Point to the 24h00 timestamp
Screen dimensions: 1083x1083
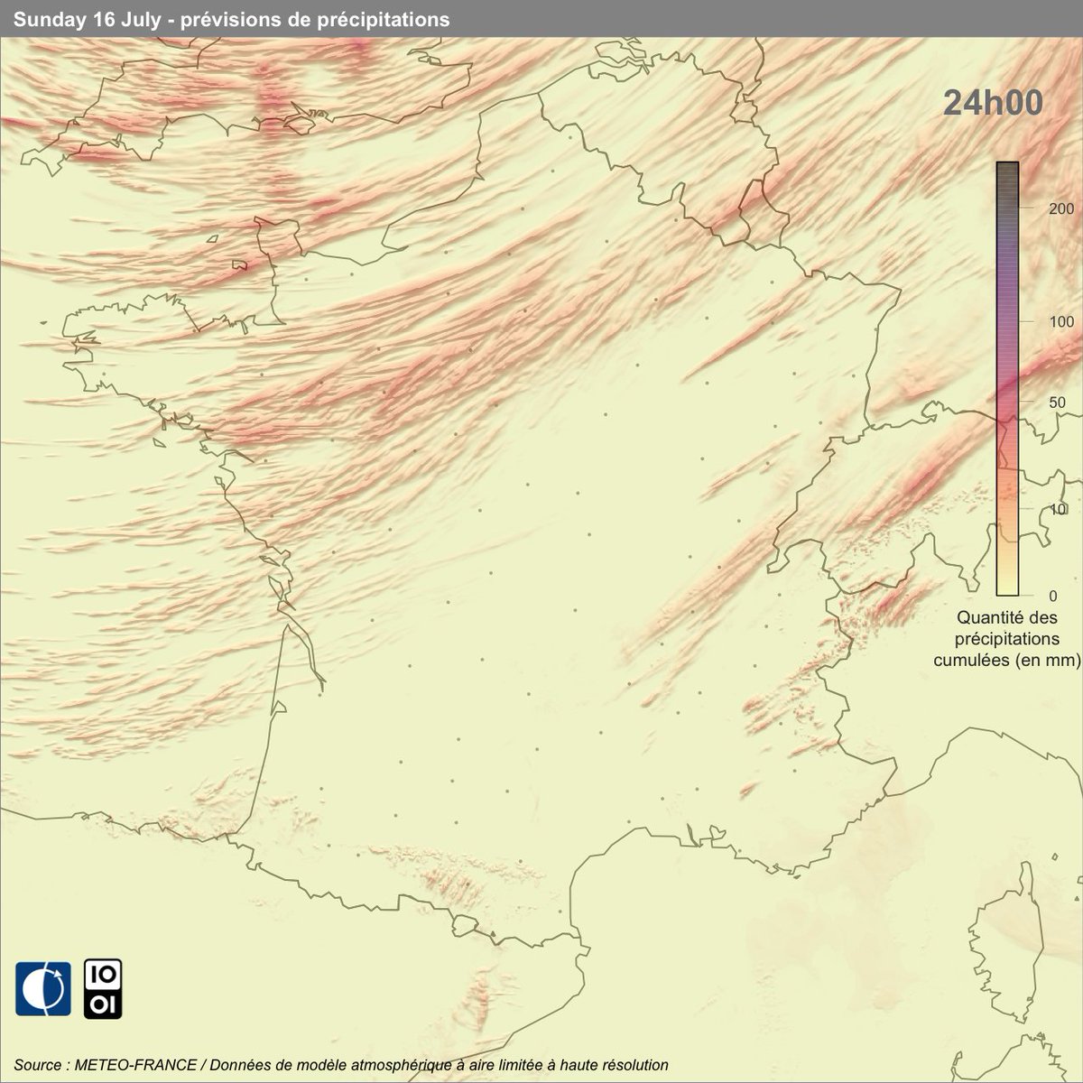(x=993, y=103)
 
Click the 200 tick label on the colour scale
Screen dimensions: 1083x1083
(x=1037, y=208)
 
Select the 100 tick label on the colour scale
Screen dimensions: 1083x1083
(x=1037, y=321)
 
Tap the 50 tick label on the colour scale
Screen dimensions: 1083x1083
(x=1034, y=403)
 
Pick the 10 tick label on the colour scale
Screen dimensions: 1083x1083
(x=1034, y=510)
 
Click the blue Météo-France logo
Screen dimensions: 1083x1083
(x=42, y=988)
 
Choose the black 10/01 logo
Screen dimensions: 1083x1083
(x=103, y=988)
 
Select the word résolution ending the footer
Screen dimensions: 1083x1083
(x=634, y=1065)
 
